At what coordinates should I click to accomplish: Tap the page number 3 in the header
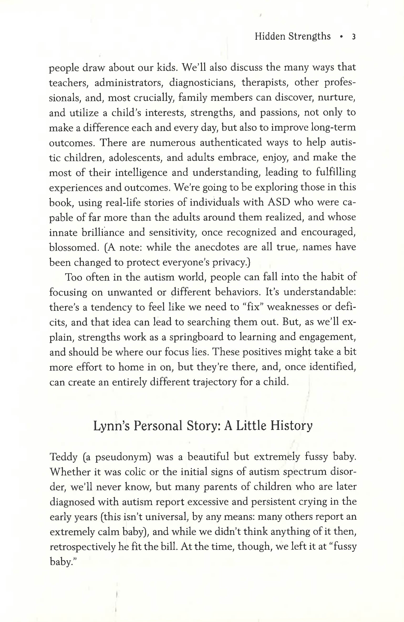pyautogui.click(x=353, y=37)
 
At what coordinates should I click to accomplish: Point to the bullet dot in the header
pyautogui.click(x=341, y=37)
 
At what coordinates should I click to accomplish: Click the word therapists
pyautogui.click(x=266, y=83)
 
